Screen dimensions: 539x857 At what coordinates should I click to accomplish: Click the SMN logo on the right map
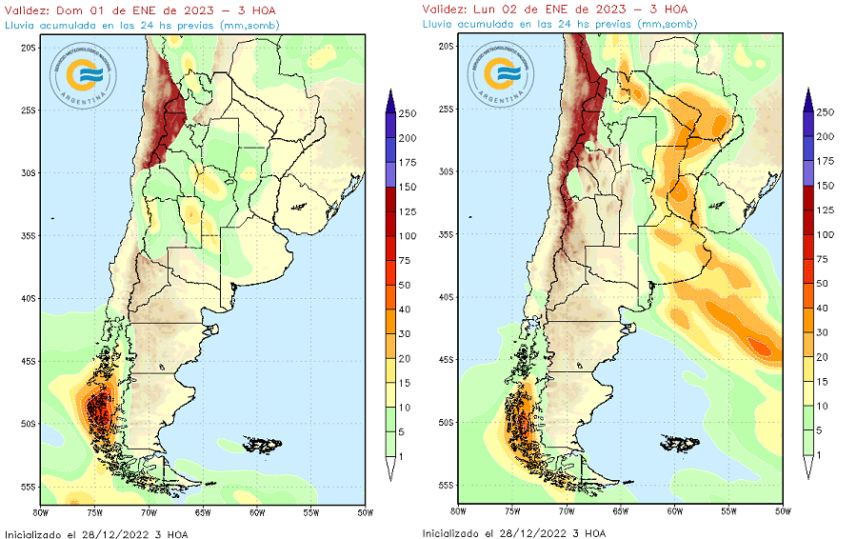(x=503, y=71)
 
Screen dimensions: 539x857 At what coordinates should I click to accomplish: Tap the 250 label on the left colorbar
(x=408, y=113)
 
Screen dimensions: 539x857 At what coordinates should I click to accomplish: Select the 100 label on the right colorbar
(x=825, y=234)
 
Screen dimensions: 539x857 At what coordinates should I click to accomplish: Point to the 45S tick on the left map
(x=29, y=361)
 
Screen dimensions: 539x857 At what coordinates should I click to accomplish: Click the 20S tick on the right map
(x=446, y=46)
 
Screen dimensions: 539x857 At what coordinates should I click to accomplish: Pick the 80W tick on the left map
(x=41, y=511)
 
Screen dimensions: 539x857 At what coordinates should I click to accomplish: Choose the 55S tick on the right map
(x=446, y=485)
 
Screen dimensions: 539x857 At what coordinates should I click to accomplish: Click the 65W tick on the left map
(x=203, y=511)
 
